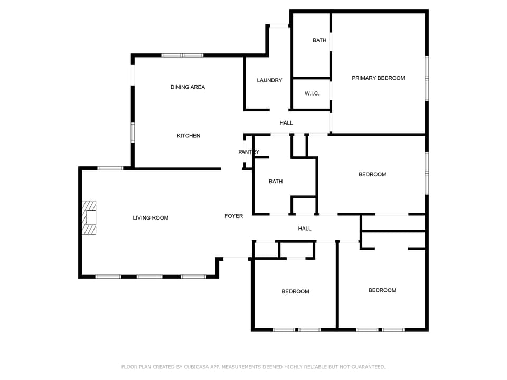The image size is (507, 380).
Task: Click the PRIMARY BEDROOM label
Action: click(x=378, y=78)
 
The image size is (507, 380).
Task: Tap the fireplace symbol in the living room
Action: click(x=89, y=217)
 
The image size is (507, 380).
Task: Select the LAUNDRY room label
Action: click(x=269, y=80)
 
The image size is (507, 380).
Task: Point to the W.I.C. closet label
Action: click(x=312, y=93)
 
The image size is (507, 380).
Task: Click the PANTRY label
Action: click(x=249, y=152)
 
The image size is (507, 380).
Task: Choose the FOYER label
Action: click(x=233, y=216)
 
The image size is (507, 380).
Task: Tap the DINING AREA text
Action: click(x=187, y=87)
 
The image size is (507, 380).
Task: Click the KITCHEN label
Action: click(x=189, y=136)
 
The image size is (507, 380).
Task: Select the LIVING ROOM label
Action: click(x=151, y=217)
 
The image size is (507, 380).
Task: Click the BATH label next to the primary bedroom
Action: click(x=320, y=40)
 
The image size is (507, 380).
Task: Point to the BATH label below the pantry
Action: click(x=276, y=181)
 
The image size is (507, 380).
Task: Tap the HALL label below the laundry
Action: click(x=286, y=123)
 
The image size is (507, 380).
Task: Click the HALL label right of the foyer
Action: click(x=305, y=229)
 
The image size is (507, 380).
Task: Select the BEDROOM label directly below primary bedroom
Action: click(x=372, y=174)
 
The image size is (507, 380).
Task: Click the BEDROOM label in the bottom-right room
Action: click(x=382, y=290)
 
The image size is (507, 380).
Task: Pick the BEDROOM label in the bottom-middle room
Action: click(x=295, y=291)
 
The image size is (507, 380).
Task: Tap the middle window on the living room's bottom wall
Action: click(x=149, y=277)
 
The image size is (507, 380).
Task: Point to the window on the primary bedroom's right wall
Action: click(x=427, y=78)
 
